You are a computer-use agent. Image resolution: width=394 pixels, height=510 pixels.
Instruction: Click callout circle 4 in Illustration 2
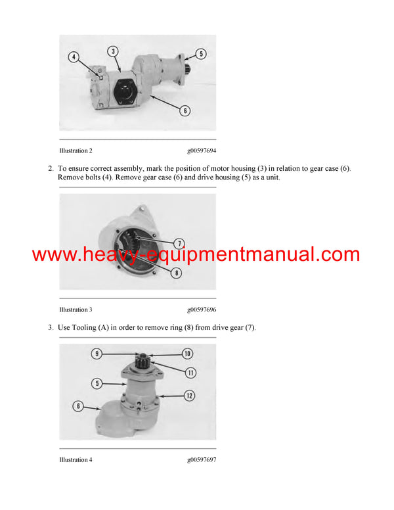[x=74, y=57]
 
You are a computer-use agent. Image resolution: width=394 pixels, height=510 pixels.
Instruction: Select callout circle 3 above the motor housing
[x=113, y=51]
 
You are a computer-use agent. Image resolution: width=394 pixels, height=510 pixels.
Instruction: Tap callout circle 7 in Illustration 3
[x=179, y=243]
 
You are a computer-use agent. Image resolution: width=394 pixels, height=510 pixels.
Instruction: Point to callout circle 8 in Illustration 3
[x=177, y=273]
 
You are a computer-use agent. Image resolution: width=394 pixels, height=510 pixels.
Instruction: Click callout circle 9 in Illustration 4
[x=97, y=354]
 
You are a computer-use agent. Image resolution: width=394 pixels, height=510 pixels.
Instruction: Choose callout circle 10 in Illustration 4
[x=187, y=354]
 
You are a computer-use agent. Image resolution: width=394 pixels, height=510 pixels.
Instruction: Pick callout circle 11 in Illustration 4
[x=190, y=373]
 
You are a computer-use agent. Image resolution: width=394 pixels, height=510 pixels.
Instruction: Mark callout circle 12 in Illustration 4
[x=190, y=396]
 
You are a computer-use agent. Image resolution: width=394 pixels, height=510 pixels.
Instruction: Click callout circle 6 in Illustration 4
[x=78, y=406]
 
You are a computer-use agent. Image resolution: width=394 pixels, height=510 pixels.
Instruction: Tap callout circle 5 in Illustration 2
[x=201, y=54]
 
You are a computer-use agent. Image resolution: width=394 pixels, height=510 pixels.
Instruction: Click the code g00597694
[x=202, y=151]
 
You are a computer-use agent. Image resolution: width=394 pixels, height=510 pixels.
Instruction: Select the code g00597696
[x=202, y=310]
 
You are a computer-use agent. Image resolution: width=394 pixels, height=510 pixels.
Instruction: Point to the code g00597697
[x=202, y=459]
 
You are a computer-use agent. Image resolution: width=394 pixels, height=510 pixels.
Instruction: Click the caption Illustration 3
[x=76, y=310]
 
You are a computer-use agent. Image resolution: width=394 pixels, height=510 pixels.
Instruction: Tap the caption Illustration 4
[x=76, y=459]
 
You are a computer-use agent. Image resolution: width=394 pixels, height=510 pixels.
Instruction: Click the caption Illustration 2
[x=76, y=151]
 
